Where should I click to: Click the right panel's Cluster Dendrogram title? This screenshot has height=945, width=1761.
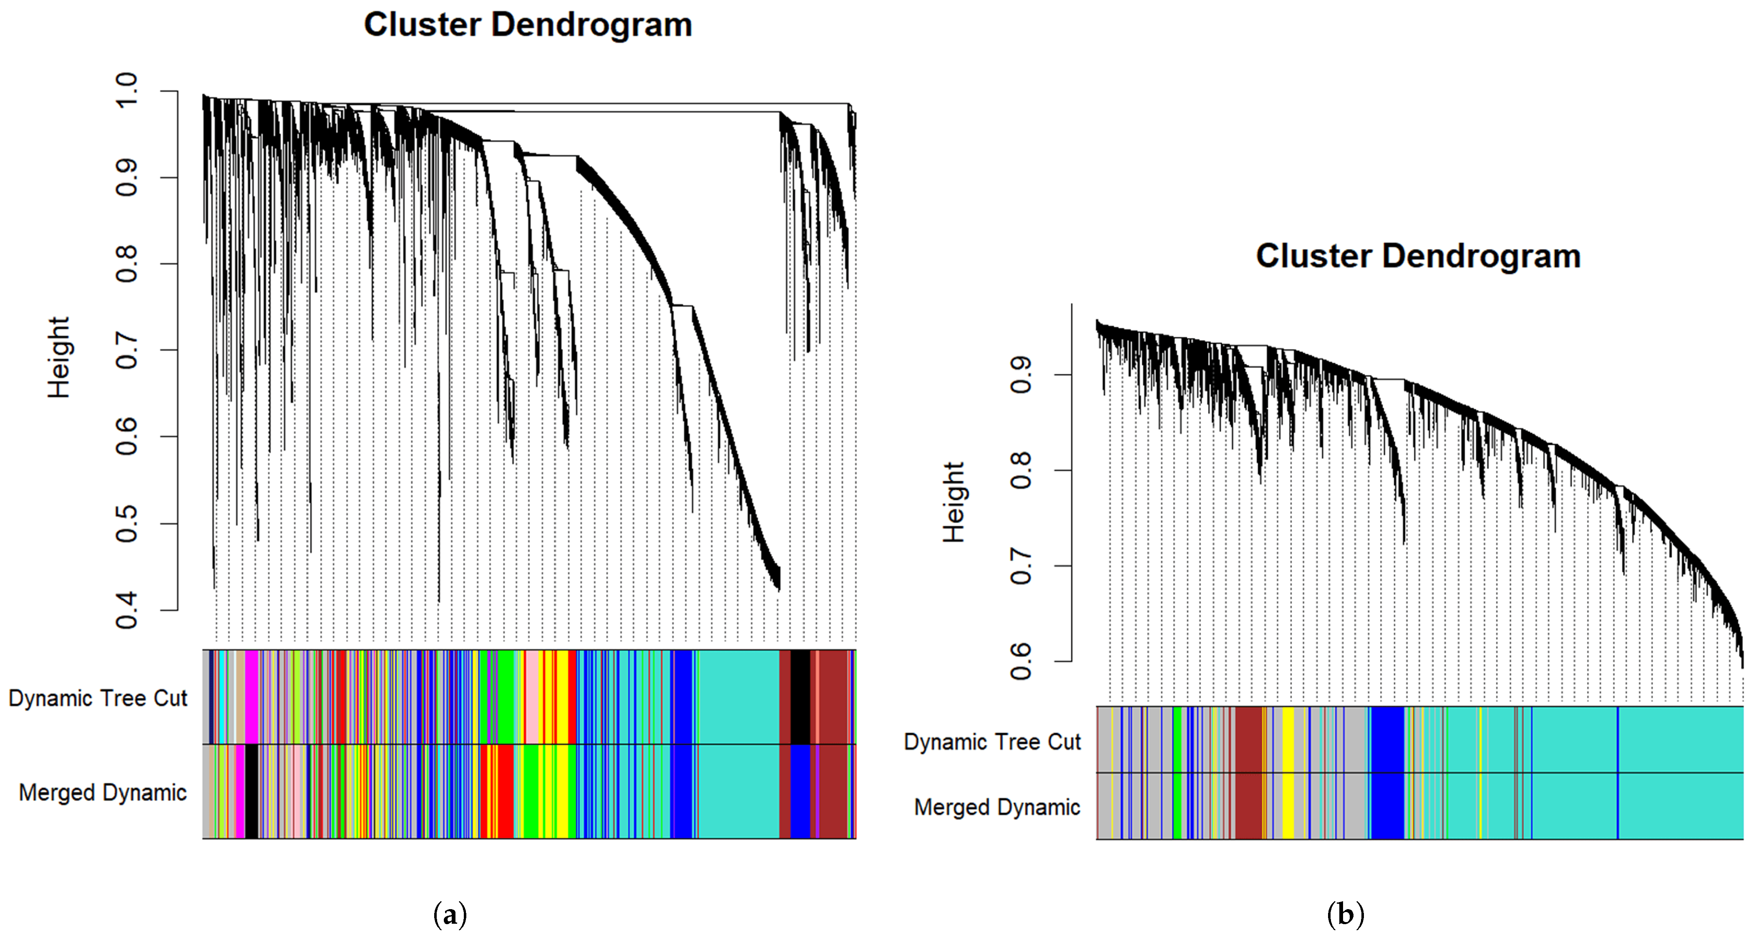pos(1419,256)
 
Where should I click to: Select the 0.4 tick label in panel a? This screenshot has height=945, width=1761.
pos(127,610)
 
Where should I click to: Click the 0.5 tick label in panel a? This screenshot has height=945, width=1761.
pos(127,523)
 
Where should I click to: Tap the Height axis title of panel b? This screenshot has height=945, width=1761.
pos(953,502)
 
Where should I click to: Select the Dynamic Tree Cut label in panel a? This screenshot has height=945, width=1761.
pos(98,699)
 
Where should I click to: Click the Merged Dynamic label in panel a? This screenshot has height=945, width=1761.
pos(103,793)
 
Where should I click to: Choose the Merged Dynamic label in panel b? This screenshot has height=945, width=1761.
pos(997,808)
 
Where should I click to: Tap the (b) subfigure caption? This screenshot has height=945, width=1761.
pos(1346,914)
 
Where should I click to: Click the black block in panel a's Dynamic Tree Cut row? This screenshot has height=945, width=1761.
pos(800,697)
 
